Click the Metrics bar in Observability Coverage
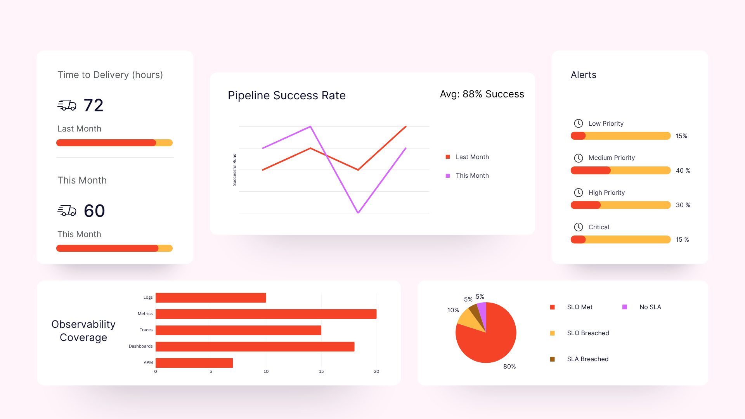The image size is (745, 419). click(266, 314)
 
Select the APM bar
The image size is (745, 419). click(194, 363)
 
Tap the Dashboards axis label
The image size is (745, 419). click(140, 346)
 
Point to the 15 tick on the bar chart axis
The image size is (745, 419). click(321, 372)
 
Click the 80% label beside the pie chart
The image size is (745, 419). click(509, 367)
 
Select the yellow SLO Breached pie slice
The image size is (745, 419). click(469, 320)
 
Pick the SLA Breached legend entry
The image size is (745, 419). click(587, 359)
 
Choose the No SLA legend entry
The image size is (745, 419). click(650, 307)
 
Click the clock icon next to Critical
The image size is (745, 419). click(578, 227)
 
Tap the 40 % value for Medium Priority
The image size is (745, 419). click(683, 171)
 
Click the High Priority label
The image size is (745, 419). click(606, 193)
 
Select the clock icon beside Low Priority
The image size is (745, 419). click(578, 123)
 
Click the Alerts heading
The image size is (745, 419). click(583, 75)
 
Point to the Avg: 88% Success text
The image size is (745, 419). click(482, 94)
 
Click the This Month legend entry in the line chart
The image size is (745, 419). click(472, 176)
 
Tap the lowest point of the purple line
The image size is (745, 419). click(358, 213)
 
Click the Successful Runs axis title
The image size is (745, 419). click(234, 170)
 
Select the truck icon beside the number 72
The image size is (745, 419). click(67, 105)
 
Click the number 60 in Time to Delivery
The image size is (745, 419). click(94, 211)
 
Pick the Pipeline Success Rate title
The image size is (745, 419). click(286, 95)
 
